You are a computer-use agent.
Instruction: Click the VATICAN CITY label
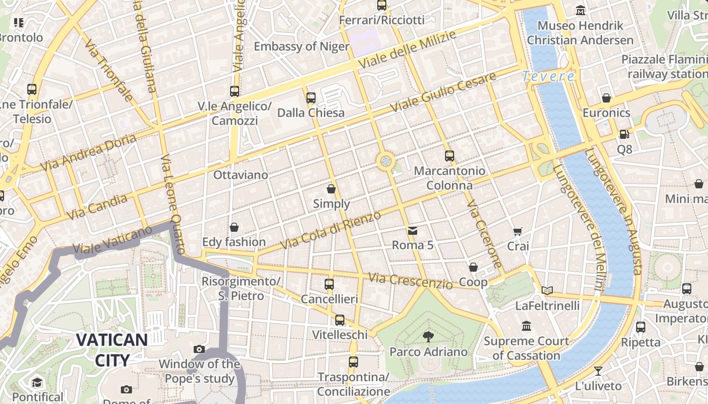pyautogui.click(x=112, y=349)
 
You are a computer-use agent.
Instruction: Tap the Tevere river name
pyautogui.click(x=548, y=76)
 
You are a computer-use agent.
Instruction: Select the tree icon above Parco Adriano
pyautogui.click(x=428, y=336)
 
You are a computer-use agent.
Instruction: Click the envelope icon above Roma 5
pyautogui.click(x=413, y=231)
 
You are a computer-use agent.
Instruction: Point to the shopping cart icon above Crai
pyautogui.click(x=517, y=231)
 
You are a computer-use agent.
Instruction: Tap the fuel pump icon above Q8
pyautogui.click(x=624, y=134)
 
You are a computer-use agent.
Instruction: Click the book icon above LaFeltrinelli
pyautogui.click(x=547, y=290)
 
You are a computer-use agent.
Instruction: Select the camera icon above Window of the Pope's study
pyautogui.click(x=199, y=349)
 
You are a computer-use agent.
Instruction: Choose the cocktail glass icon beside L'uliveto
pyautogui.click(x=599, y=371)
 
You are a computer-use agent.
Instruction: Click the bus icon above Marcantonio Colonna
pyautogui.click(x=449, y=156)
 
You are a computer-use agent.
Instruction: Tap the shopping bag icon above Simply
pyautogui.click(x=331, y=189)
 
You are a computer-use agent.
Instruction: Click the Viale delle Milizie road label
pyautogui.click(x=407, y=49)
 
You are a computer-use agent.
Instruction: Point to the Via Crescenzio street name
pyautogui.click(x=410, y=281)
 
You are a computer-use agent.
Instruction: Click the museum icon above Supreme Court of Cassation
pyautogui.click(x=526, y=326)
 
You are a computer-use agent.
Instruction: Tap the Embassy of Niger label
pyautogui.click(x=301, y=46)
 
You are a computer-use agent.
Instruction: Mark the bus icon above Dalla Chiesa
pyautogui.click(x=311, y=97)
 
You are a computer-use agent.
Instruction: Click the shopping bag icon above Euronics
pyautogui.click(x=606, y=98)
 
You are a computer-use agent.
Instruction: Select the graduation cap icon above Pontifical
pyautogui.click(x=36, y=382)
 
